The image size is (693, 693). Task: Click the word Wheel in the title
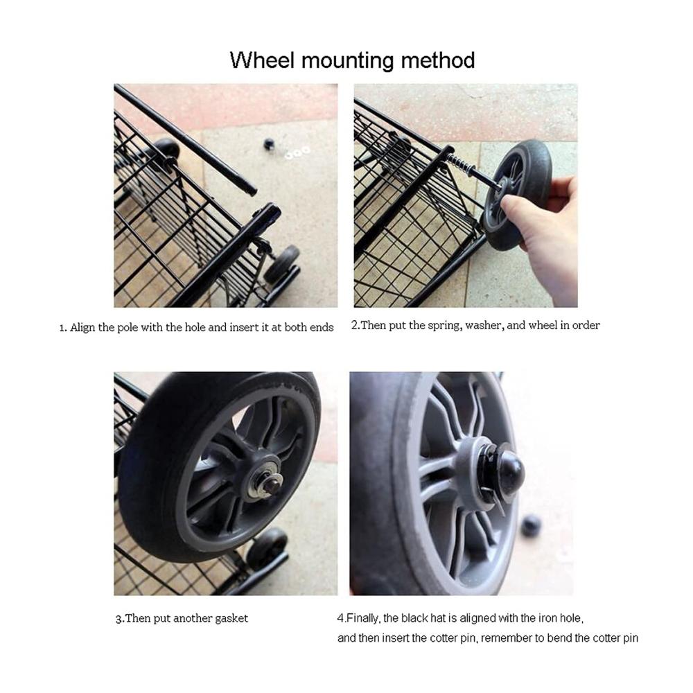point(262,60)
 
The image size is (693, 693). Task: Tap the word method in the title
point(438,60)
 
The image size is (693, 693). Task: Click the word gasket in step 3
point(231,618)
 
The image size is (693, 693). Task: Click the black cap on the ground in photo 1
point(269,144)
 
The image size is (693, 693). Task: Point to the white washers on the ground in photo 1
point(297,153)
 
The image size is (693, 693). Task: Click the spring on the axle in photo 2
point(462,165)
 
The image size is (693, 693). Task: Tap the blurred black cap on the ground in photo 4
point(531,526)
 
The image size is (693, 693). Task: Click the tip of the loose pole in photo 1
point(253,192)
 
